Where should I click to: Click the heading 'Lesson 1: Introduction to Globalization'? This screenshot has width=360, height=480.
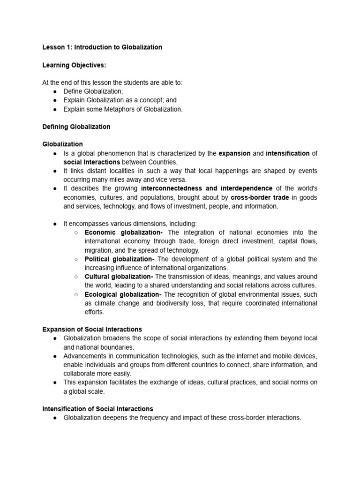[102, 47]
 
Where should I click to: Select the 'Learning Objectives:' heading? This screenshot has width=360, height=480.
[74, 65]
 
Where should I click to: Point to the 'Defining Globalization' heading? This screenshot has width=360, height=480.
[76, 127]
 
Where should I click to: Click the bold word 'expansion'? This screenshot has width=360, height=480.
[235, 153]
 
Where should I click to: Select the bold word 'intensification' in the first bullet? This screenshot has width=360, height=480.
[287, 153]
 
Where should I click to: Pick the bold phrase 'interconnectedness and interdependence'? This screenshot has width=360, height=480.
[207, 188]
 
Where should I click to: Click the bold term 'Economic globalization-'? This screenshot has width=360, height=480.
[124, 232]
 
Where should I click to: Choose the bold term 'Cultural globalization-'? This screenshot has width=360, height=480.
[119, 277]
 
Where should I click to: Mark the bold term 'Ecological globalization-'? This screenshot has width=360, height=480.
[123, 294]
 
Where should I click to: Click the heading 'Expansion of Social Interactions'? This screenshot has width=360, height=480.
[92, 330]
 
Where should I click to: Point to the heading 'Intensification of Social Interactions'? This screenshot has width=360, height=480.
[97, 409]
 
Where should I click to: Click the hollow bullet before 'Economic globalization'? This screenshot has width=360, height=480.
[76, 232]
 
